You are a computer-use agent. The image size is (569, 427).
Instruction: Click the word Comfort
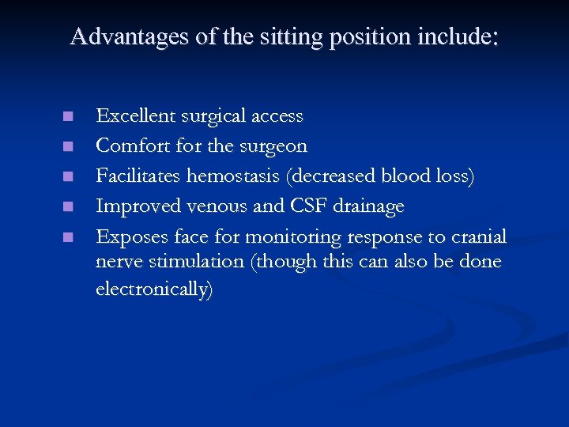click(x=127, y=146)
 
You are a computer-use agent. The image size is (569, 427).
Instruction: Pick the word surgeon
click(x=273, y=146)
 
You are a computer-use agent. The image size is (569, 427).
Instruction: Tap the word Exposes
click(x=126, y=236)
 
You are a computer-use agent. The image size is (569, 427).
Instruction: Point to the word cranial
click(x=479, y=236)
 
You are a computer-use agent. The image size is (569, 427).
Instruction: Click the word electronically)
click(x=154, y=289)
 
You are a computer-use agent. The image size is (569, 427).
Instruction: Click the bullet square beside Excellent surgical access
click(x=69, y=117)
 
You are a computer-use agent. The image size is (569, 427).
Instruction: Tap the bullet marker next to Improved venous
click(x=69, y=207)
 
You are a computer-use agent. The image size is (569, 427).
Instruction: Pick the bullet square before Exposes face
click(x=69, y=237)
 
